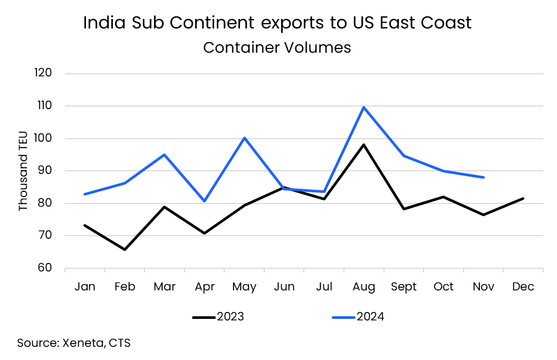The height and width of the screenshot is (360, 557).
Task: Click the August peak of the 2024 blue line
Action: [364, 107]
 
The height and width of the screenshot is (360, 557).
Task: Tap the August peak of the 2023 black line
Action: [364, 144]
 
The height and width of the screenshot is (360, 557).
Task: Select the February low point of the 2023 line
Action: [124, 249]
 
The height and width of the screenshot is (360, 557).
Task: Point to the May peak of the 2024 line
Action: [244, 138]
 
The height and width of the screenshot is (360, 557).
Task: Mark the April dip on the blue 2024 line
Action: [204, 201]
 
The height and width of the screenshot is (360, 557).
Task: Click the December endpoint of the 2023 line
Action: [523, 198]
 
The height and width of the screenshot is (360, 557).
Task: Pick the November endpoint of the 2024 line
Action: [483, 177]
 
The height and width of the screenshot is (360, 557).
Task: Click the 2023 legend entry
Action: [218, 317]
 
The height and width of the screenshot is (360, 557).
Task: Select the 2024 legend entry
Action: [358, 317]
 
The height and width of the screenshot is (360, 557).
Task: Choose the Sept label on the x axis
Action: [404, 287]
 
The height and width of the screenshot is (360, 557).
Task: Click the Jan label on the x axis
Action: [85, 287]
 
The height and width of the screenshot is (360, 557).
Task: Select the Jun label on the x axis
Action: [284, 287]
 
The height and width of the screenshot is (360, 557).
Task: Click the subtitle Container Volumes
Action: [277, 47]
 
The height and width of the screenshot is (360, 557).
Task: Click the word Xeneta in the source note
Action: [84, 343]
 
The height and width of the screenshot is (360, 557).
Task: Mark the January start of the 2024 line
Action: [85, 194]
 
